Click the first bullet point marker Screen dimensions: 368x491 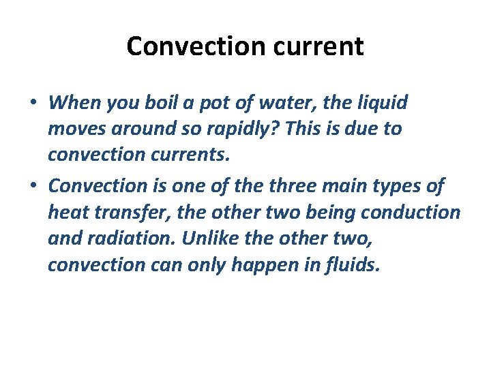pyautogui.click(x=33, y=104)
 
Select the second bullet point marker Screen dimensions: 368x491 pyautogui.click(x=33, y=186)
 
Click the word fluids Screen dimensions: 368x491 pyautogui.click(x=349, y=264)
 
